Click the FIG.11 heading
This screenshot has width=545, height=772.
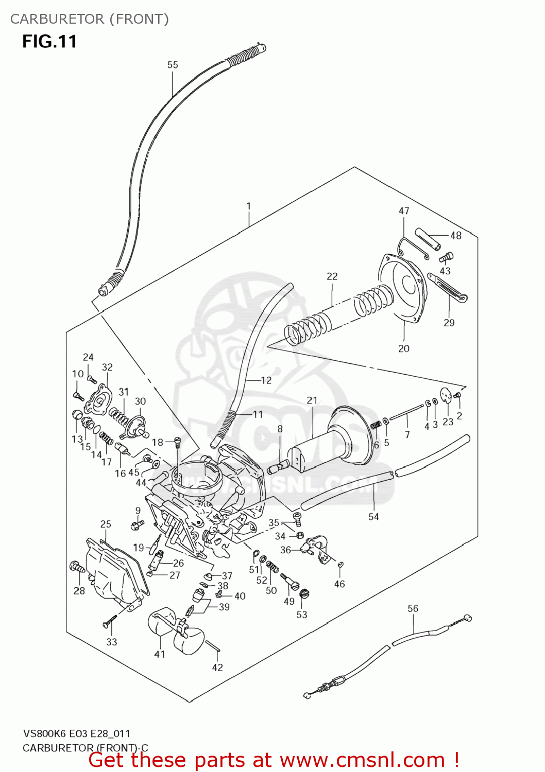[49, 41]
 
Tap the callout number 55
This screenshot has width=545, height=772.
[173, 65]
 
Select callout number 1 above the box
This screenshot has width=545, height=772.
[249, 206]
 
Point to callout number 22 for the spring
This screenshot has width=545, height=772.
[332, 276]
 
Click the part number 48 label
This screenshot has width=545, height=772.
[456, 236]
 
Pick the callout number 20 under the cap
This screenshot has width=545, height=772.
[404, 348]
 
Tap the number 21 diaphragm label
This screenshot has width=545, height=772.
[312, 400]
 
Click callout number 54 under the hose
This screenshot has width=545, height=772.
[373, 517]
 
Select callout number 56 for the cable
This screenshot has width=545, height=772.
[413, 608]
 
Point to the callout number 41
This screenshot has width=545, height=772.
[160, 654]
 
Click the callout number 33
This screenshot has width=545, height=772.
[112, 642]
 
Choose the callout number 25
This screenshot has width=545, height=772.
[106, 524]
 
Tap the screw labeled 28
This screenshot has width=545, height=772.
[77, 568]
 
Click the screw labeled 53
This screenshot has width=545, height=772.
[304, 594]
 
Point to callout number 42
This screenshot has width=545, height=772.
[217, 668]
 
